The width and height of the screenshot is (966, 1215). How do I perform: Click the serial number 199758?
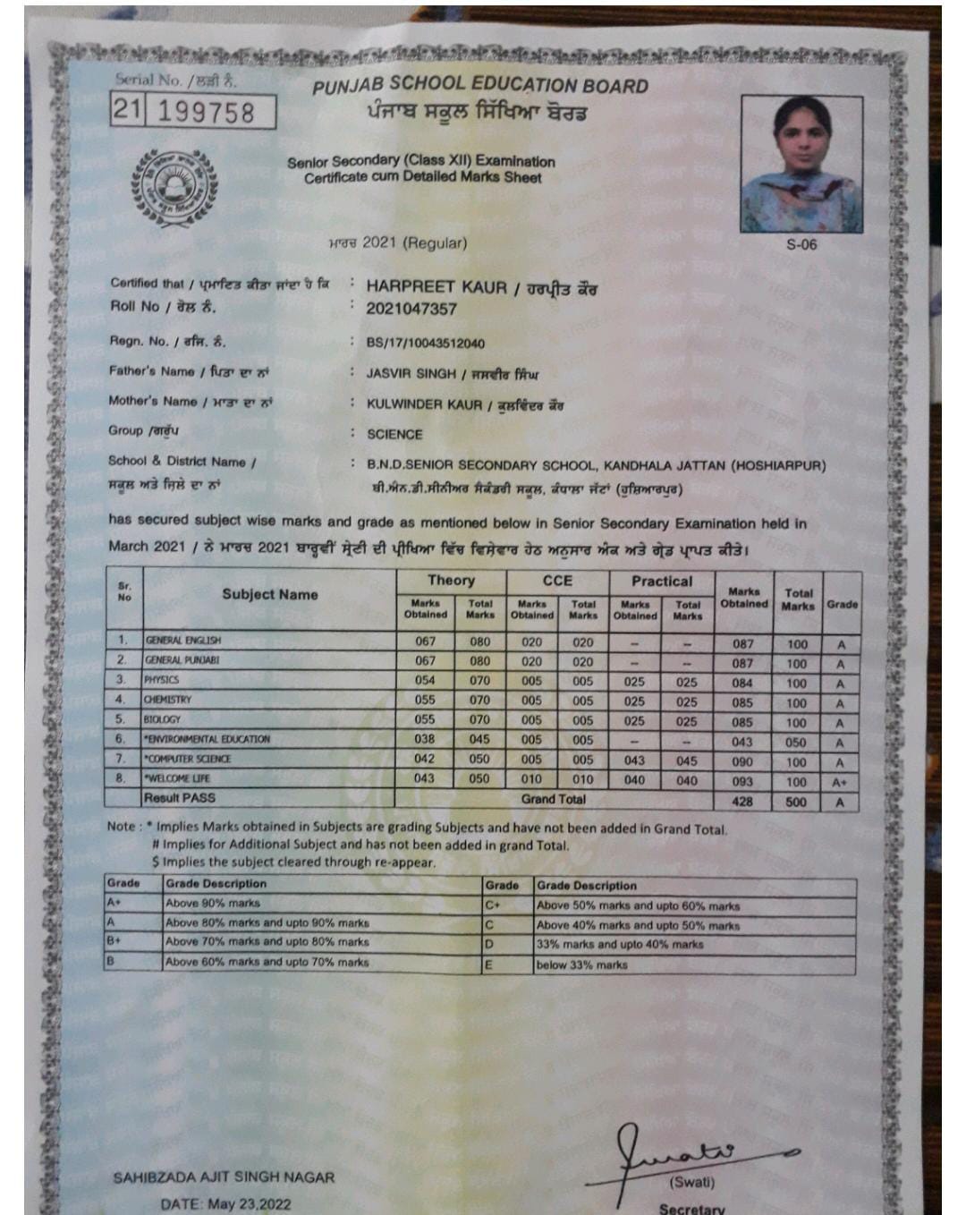[207, 113]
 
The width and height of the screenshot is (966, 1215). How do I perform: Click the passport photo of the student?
[801, 164]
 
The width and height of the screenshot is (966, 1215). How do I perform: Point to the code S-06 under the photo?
[801, 244]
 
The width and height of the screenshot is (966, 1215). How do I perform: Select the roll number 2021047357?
[411, 310]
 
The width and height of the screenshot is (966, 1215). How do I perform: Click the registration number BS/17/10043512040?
[426, 344]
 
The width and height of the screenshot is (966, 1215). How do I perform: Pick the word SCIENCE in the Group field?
[394, 435]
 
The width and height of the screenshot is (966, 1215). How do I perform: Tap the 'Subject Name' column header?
[269, 595]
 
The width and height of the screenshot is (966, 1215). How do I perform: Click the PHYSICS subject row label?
[162, 680]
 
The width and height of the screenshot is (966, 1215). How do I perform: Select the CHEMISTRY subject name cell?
[167, 700]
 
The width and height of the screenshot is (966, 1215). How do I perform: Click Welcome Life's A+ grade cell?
[840, 782]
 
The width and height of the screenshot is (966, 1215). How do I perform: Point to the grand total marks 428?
[742, 802]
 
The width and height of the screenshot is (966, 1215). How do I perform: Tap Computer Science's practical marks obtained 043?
[634, 760]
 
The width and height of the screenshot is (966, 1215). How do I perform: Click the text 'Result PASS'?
[180, 798]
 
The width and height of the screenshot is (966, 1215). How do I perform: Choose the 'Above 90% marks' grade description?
[213, 904]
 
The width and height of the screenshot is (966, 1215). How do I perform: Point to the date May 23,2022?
[226, 1203]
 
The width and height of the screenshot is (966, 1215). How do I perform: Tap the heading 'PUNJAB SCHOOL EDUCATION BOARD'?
[480, 87]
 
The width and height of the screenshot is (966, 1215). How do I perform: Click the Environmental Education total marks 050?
[796, 743]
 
